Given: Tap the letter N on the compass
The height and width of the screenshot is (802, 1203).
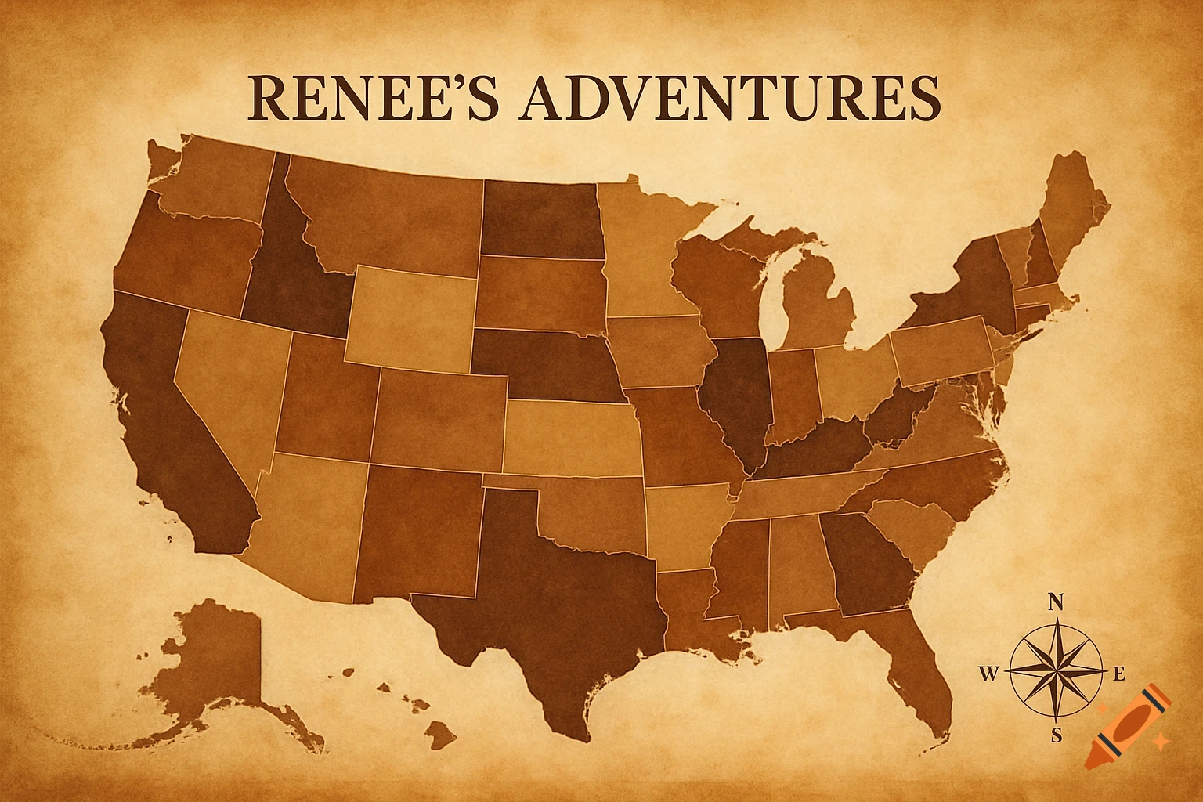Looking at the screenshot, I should click(1056, 601).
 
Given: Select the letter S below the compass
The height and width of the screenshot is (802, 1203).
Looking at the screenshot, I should click(1056, 735).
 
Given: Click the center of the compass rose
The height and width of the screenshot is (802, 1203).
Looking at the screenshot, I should click(1056, 672).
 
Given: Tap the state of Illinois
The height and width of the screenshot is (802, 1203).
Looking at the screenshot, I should click(736, 392).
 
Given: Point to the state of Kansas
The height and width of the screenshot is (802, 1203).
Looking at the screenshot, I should click(572, 439).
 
